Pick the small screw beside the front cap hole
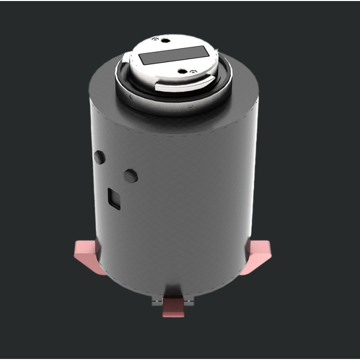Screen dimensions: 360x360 pos(193,71)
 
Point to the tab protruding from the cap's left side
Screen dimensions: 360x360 pos(127,58)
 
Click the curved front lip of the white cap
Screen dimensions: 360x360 pos(183,86)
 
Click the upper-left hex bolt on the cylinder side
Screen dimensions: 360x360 pos(100,157)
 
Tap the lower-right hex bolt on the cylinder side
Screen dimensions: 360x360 pos(131,176)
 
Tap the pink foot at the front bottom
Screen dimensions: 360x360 pos(174,309)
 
